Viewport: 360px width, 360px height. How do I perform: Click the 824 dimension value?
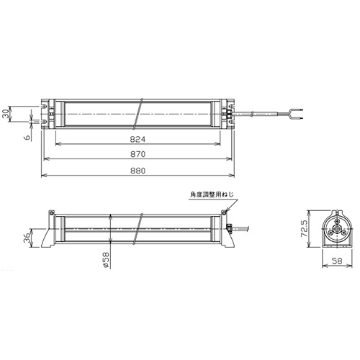tap(138, 140)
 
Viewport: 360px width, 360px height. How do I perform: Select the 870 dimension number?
tap(138, 154)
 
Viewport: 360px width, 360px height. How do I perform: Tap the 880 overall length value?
tap(138, 171)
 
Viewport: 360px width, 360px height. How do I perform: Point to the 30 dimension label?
tap(6, 114)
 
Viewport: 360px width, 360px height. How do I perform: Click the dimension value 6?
tap(27, 138)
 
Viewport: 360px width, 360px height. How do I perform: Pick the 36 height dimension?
tap(27, 238)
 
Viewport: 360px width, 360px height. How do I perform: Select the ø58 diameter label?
tap(106, 260)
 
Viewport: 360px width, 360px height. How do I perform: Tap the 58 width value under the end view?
tap(338, 261)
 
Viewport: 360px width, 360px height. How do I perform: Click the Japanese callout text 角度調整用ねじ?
tap(212, 194)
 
